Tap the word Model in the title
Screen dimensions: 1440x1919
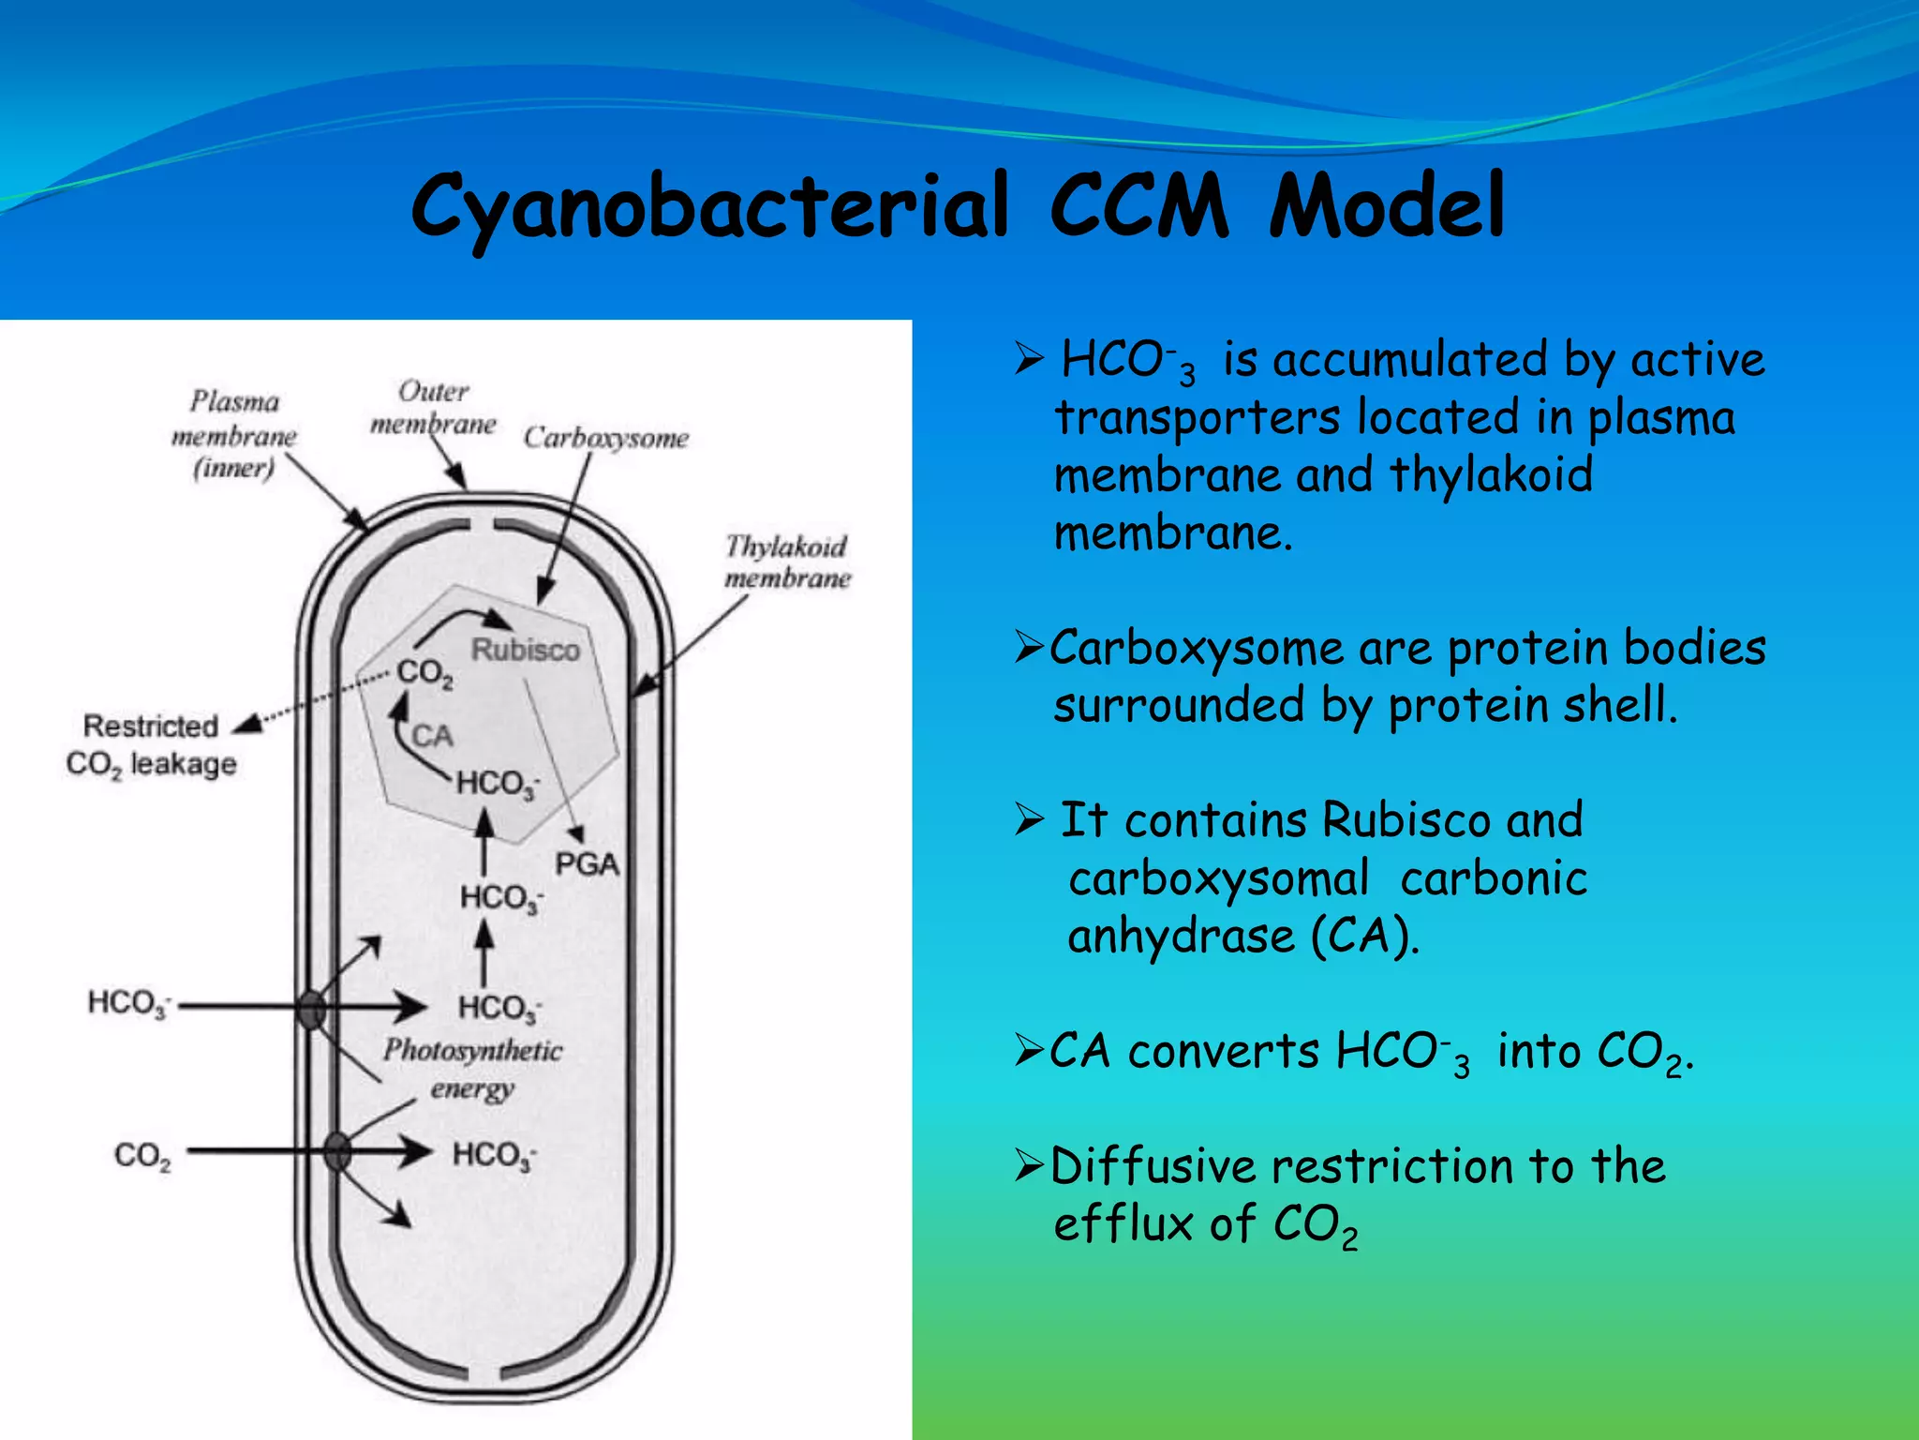coord(1387,206)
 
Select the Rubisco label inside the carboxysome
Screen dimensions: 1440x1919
coord(525,650)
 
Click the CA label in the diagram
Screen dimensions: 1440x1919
coord(432,736)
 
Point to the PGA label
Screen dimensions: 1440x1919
coord(587,863)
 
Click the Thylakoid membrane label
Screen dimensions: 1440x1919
coord(786,562)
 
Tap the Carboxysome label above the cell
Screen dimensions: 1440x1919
coord(605,438)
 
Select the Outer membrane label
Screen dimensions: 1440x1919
coord(433,408)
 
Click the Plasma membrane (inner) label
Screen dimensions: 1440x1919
coord(234,435)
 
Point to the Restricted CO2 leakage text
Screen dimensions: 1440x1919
coord(151,745)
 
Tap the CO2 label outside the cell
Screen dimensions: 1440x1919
coord(142,1156)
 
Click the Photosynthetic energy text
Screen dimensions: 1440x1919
coord(472,1069)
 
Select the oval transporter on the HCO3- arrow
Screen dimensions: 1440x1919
coord(311,1010)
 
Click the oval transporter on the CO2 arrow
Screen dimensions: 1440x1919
coord(337,1151)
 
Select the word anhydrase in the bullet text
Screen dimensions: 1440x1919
coord(1181,937)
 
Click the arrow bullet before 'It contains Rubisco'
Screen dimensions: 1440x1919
coord(1029,820)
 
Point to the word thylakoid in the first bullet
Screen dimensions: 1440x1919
coord(1490,474)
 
